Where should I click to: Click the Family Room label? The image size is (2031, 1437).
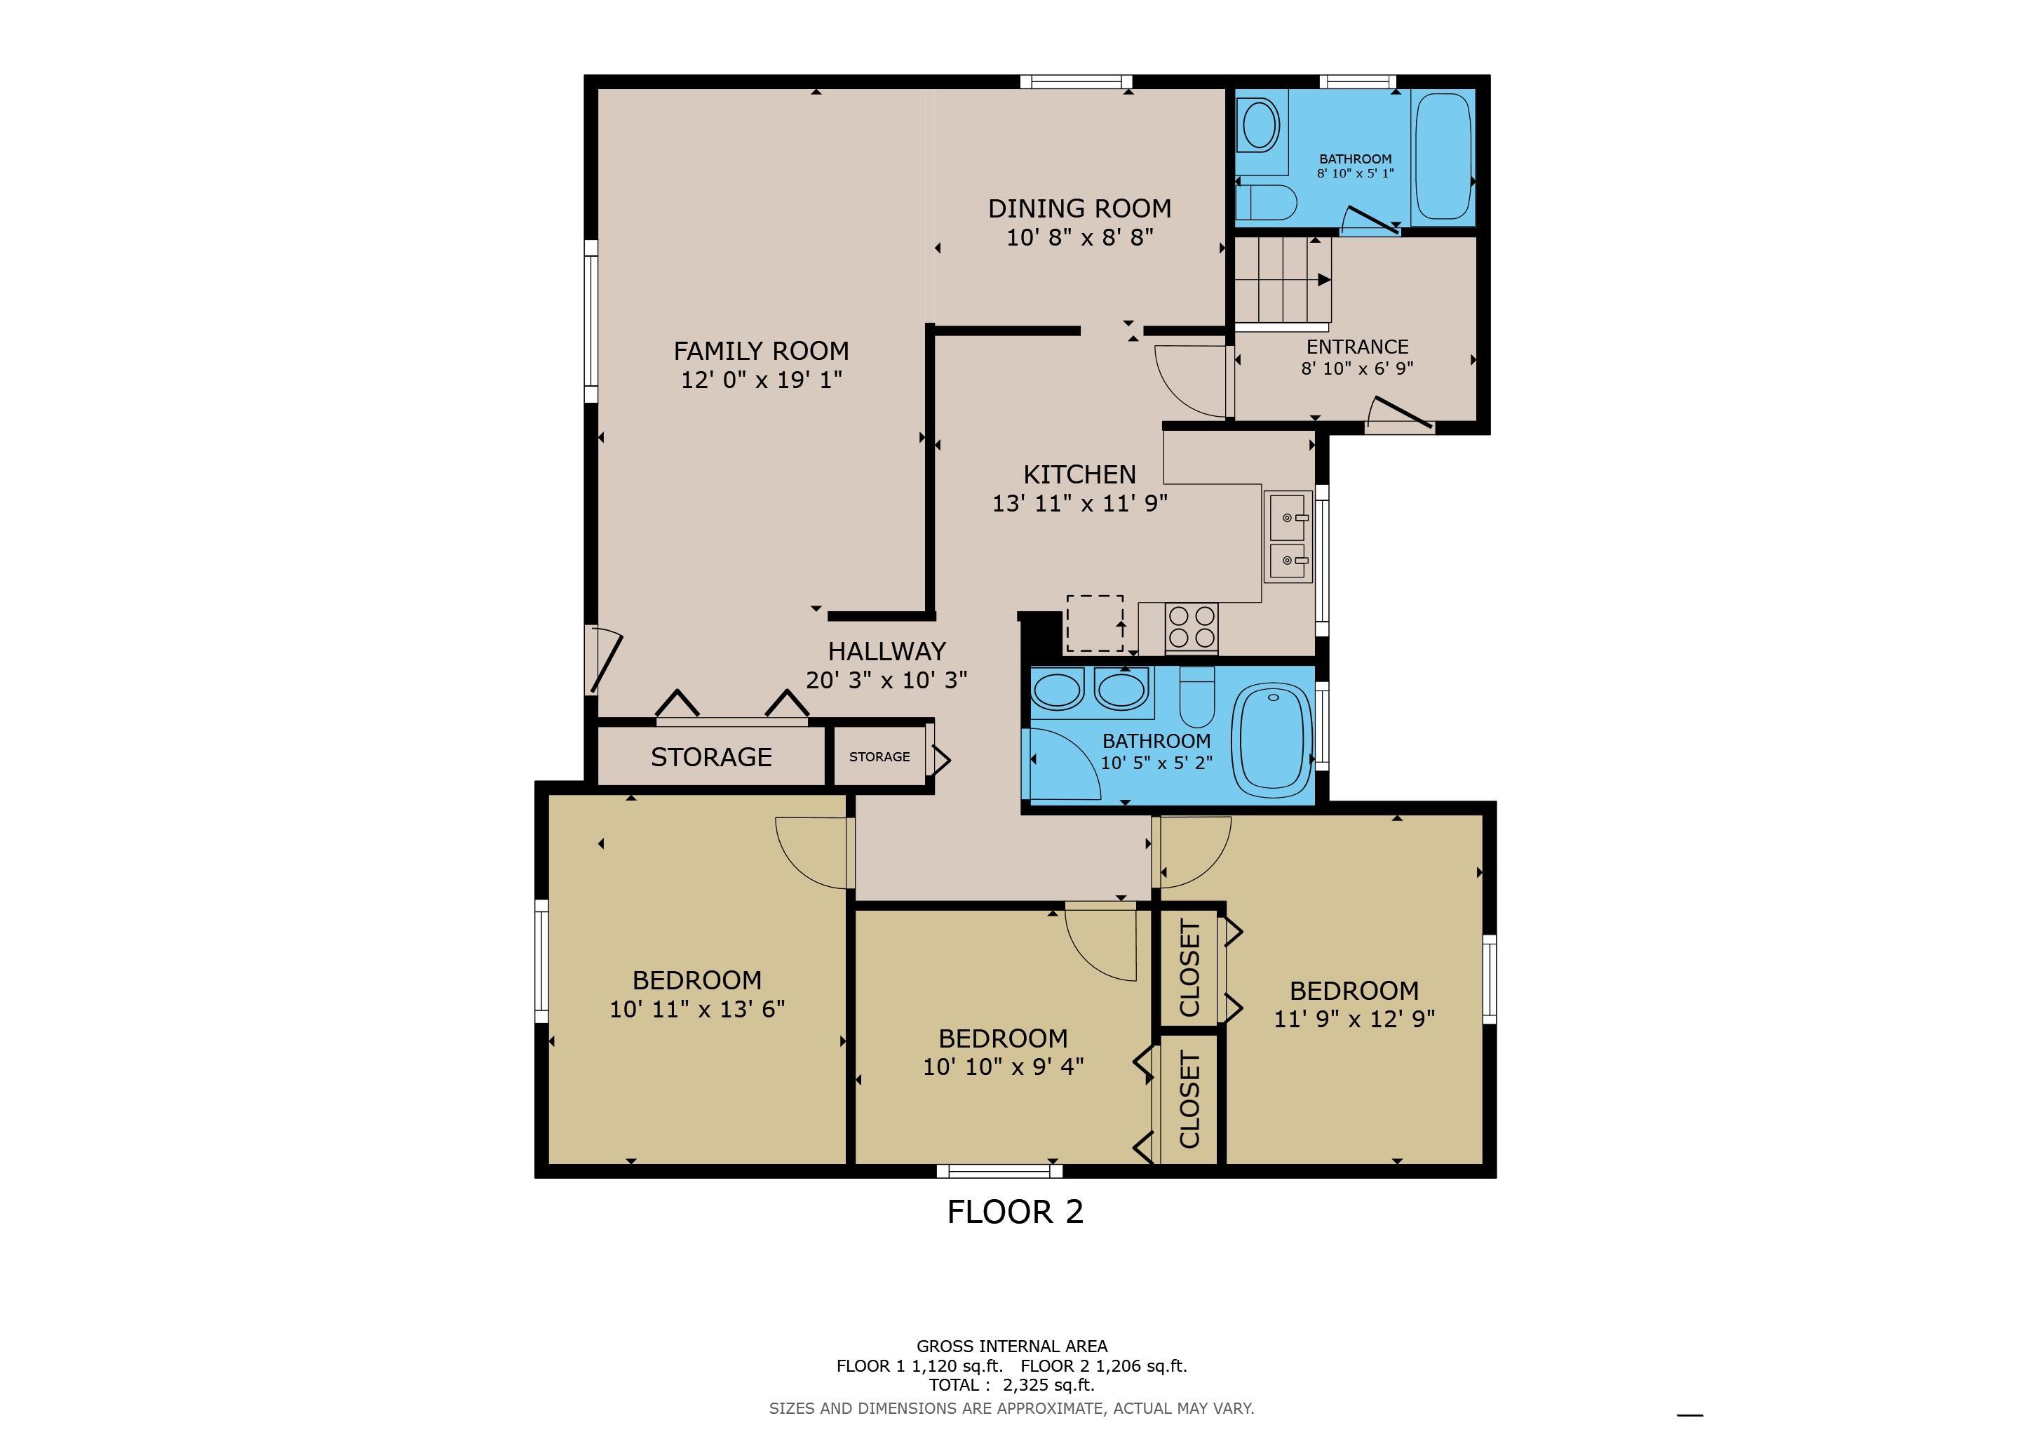pos(761,352)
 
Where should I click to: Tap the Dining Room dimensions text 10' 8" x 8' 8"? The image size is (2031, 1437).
pos(1079,237)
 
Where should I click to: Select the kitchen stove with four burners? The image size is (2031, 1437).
pos(1191,627)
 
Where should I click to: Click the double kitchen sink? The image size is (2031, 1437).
pos(1287,537)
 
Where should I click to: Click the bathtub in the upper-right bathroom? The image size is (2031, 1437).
pos(1443,156)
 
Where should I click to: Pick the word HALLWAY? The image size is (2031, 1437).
pos(886,651)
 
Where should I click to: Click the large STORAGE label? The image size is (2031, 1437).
pos(711,757)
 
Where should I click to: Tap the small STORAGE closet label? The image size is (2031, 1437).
pos(879,756)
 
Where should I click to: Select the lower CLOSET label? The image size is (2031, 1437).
pos(1189,1100)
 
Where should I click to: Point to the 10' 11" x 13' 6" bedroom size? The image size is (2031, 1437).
pos(697,1009)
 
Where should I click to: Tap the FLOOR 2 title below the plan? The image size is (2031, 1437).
pos(1015,1211)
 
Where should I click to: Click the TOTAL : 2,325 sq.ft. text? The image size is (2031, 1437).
pos(1011,1385)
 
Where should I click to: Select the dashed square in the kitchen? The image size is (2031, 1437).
pos(1094,624)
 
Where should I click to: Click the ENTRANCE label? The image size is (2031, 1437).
pos(1357,347)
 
